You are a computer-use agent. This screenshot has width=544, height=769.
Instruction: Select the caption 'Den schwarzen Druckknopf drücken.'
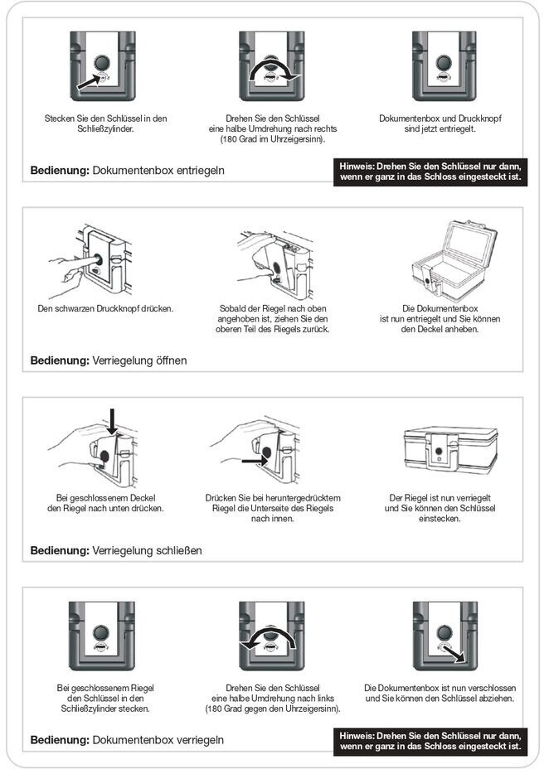(105, 309)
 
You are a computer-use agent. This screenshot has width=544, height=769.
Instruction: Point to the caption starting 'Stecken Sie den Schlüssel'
(105, 123)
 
